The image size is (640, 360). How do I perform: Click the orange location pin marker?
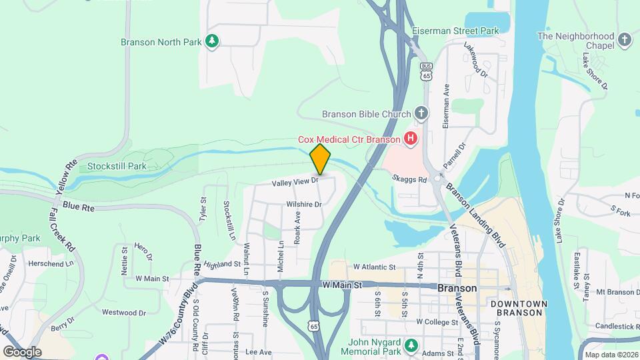click(x=320, y=159)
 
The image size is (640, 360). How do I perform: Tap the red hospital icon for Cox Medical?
click(x=411, y=139)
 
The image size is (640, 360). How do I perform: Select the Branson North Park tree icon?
click(x=212, y=41)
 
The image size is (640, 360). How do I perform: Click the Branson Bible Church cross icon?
click(x=421, y=113)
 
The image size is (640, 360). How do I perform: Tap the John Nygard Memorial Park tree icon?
click(x=412, y=345)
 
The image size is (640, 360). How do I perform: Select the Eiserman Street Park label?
click(x=465, y=31)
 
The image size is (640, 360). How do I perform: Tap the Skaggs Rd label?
click(x=409, y=180)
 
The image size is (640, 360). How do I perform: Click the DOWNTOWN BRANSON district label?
click(x=519, y=309)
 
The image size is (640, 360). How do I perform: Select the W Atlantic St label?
click(x=375, y=267)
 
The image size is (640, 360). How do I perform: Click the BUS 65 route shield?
click(x=426, y=71)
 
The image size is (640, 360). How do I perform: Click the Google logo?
click(x=22, y=351)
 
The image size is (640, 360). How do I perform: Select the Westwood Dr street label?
click(x=123, y=312)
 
